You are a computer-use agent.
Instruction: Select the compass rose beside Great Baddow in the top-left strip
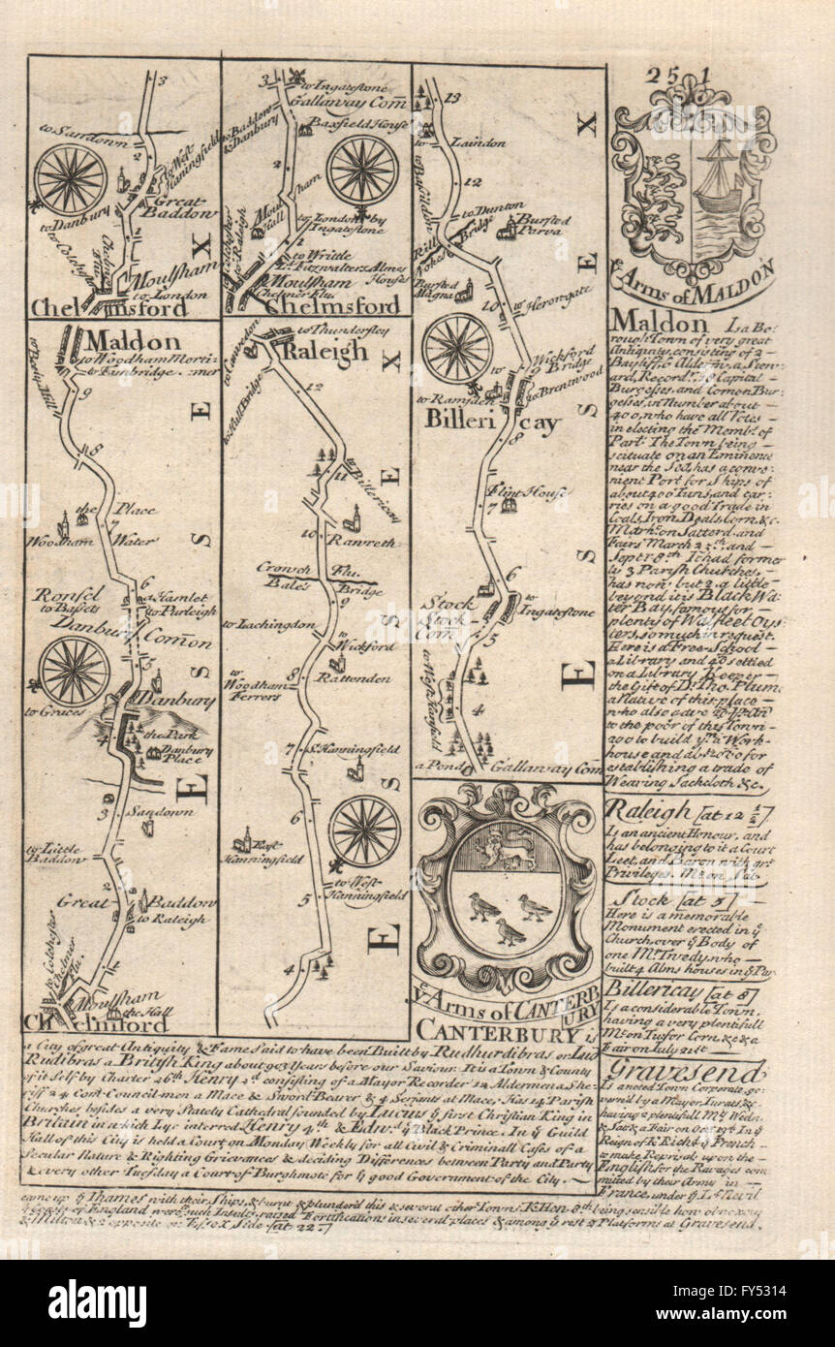71,179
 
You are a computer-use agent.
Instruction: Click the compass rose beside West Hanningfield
364,830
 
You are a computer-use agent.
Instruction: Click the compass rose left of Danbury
76,671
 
